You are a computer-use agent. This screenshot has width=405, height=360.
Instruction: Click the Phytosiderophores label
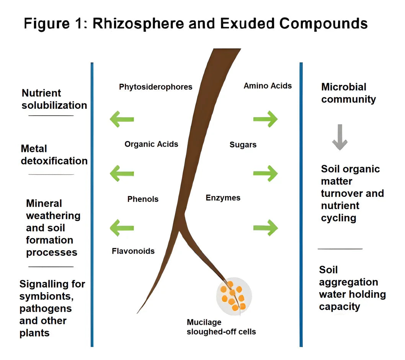pos(155,87)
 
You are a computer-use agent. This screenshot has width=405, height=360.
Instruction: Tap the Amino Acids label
pos(268,86)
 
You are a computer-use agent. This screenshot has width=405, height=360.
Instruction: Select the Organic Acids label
pos(151,144)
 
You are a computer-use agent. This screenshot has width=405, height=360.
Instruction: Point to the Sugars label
pos(243,145)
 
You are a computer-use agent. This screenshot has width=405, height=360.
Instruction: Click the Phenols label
pos(143,199)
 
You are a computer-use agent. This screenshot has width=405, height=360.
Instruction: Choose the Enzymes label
pos(223,198)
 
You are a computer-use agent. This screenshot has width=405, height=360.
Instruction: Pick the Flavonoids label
pos(133,251)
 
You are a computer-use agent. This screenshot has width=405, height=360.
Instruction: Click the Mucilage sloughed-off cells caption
pos(221,327)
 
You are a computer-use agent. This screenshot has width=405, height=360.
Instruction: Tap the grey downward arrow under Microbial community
pos(340,137)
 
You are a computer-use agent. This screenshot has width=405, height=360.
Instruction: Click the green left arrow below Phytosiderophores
pos(122,119)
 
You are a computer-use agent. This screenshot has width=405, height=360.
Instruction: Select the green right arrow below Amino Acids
pos(265,119)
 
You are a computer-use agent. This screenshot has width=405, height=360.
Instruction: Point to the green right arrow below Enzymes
pos(265,228)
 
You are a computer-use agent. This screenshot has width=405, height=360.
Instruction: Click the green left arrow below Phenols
pos(122,228)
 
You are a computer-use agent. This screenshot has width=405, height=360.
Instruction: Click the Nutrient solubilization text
pos(54,99)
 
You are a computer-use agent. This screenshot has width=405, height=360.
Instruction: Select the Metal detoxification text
pos(54,155)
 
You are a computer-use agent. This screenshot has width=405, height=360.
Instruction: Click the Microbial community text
pos(348,93)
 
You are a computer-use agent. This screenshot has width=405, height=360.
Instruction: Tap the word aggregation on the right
pos(348,282)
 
